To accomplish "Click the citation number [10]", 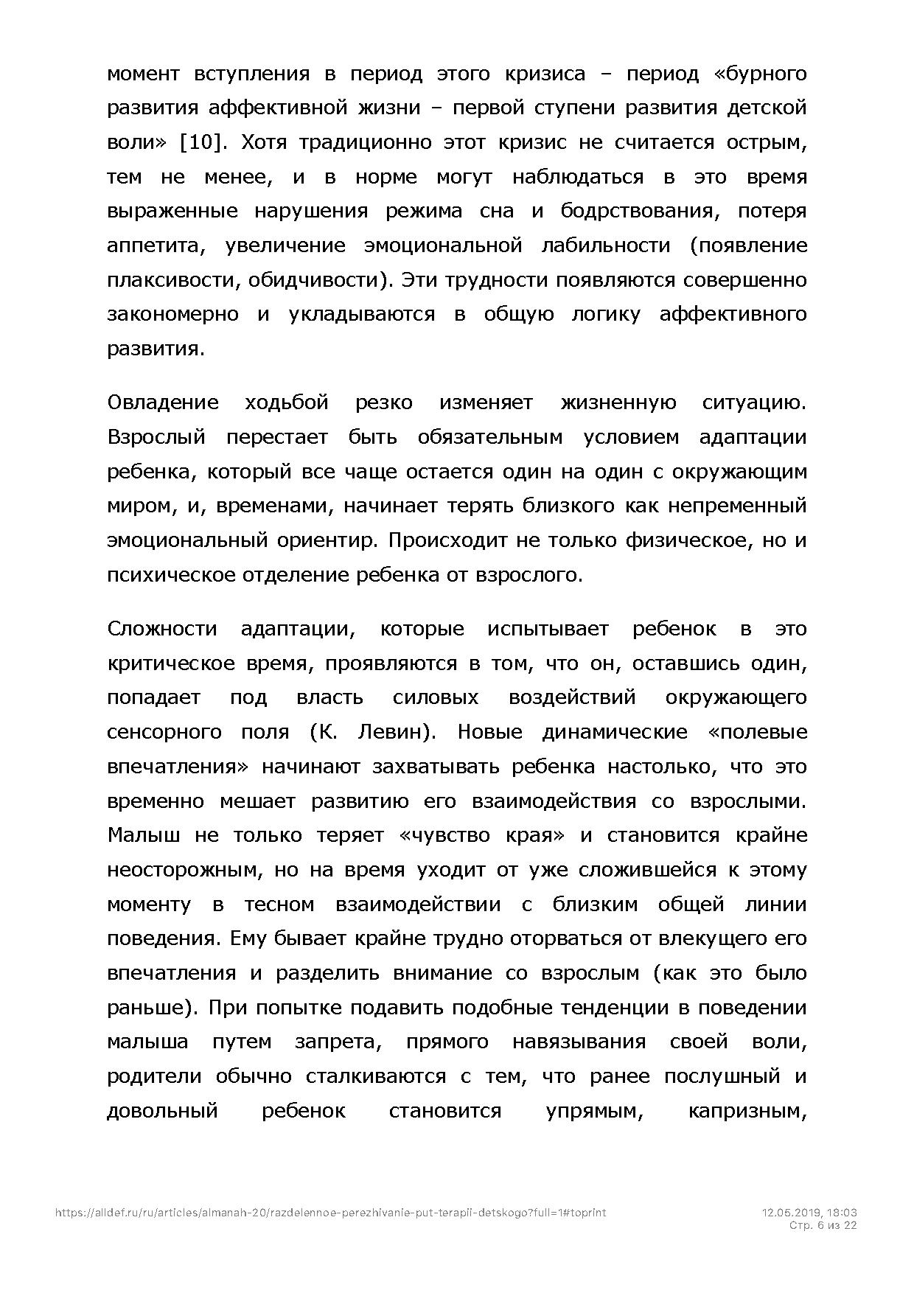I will coord(200,142).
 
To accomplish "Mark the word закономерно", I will coord(172,314).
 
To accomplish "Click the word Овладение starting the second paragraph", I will coord(163,402).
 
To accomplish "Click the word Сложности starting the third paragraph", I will coord(162,629).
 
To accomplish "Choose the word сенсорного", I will coord(164,732).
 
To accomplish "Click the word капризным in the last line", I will coord(747,1111).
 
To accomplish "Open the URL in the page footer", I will coord(330,1212).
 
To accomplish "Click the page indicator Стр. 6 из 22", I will coord(823,1225).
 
